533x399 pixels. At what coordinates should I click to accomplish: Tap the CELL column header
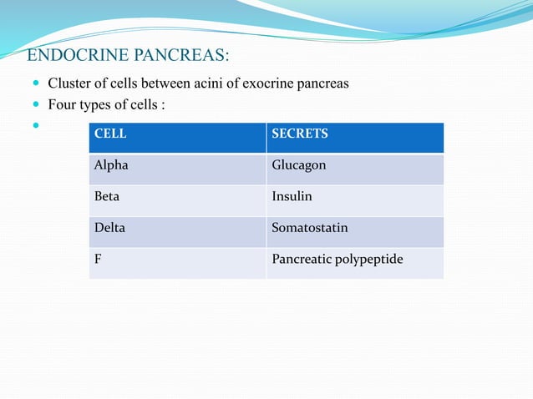point(104,134)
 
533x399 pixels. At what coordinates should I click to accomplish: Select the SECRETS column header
point(299,134)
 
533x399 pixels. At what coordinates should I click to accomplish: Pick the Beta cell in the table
point(107,196)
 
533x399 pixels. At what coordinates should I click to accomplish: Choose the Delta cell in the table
point(109,227)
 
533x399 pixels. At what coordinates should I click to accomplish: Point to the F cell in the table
point(98,259)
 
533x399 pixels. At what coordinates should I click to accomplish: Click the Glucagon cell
point(298,165)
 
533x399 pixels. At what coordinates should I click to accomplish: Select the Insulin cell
point(292,196)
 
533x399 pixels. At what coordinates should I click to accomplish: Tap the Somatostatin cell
point(309,227)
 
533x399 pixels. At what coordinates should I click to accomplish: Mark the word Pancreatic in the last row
point(301,259)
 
